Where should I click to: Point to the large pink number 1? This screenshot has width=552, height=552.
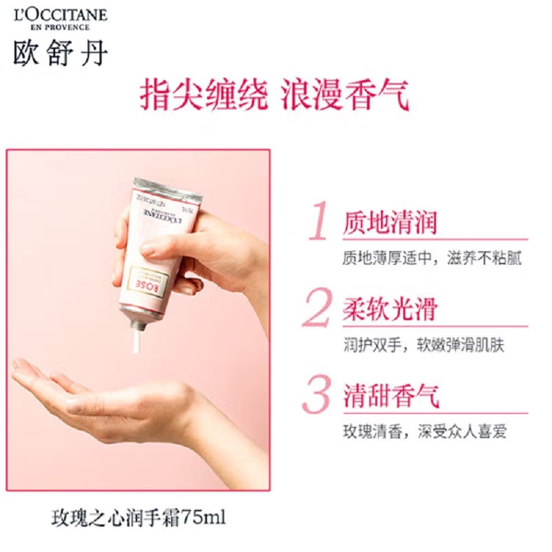[x=318, y=222]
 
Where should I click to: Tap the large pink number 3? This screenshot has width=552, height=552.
[x=318, y=395]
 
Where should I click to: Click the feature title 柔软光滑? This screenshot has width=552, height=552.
[x=390, y=310]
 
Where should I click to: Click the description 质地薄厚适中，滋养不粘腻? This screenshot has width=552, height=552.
[x=432, y=258]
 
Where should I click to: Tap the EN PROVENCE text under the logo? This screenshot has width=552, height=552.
[x=60, y=28]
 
